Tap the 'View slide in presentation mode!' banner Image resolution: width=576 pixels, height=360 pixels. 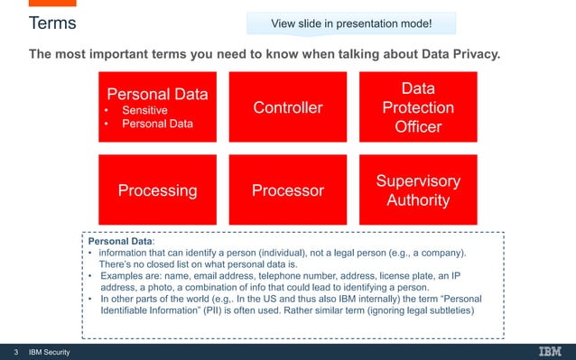(351, 23)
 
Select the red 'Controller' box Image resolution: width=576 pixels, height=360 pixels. (287, 108)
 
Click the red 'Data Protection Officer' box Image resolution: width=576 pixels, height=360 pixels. (418, 108)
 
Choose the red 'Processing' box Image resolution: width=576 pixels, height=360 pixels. (157, 190)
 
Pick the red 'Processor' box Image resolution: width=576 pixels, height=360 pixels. (287, 190)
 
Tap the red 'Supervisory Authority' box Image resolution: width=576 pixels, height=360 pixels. (418, 190)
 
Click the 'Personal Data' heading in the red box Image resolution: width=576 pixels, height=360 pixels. (157, 94)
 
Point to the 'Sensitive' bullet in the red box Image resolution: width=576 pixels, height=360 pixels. (145, 110)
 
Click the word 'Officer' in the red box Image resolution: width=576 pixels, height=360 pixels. (418, 127)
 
